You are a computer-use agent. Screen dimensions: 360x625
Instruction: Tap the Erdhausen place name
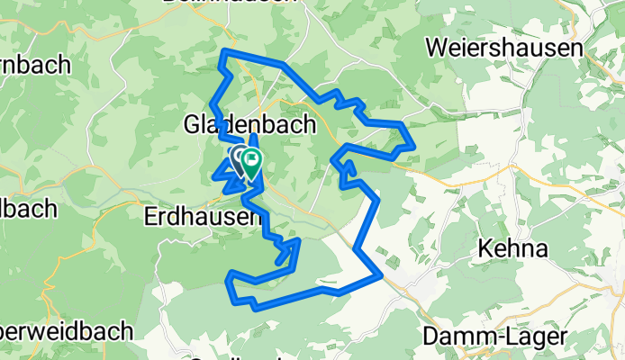(x=203, y=217)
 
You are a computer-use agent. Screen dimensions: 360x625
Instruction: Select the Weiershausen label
(x=506, y=47)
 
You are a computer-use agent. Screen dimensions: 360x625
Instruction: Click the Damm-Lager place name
(x=495, y=337)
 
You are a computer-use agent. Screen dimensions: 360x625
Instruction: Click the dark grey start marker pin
(x=239, y=160)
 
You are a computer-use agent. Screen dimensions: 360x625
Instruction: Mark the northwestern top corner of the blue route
(x=222, y=58)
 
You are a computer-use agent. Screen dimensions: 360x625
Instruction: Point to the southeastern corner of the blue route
(x=383, y=274)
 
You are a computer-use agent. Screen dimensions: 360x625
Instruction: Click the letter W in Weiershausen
(x=439, y=47)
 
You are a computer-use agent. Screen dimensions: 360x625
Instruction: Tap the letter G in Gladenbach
(x=192, y=125)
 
